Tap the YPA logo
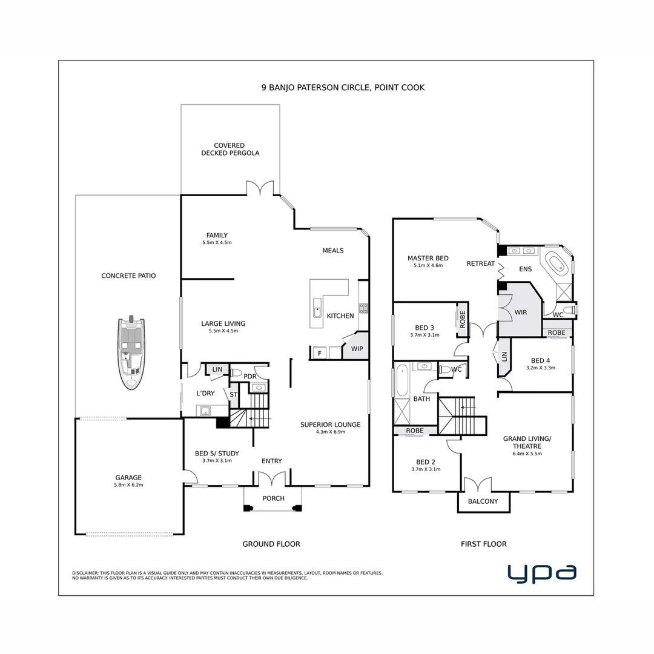(x=541, y=572)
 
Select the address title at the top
(x=343, y=87)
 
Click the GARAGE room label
(x=128, y=477)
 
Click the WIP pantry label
(x=357, y=349)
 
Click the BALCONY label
(x=483, y=501)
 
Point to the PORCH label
(x=273, y=498)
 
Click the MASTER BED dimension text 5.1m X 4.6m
(x=428, y=265)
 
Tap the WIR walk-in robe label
(x=521, y=312)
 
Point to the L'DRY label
(x=205, y=394)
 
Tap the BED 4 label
(x=541, y=360)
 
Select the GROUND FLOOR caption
(x=271, y=544)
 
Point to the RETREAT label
(x=481, y=263)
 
